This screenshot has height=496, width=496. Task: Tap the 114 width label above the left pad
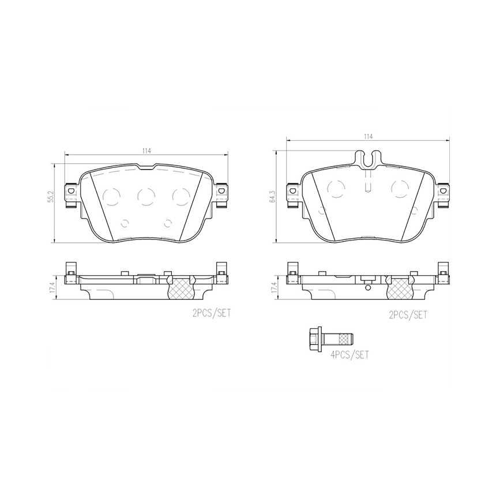[x=146, y=151]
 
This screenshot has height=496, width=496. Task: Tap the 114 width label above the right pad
[x=367, y=137]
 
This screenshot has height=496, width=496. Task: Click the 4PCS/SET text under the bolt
[x=350, y=355]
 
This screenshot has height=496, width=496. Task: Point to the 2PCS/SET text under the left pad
[x=212, y=313]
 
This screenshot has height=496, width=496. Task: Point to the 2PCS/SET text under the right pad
[x=408, y=315]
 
